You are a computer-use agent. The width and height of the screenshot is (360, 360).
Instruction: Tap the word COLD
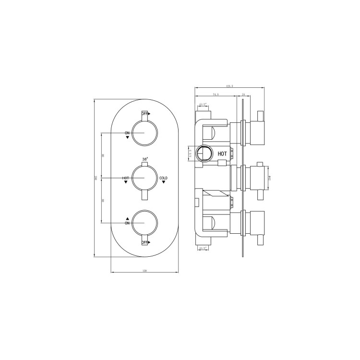pyautogui.click(x=163, y=179)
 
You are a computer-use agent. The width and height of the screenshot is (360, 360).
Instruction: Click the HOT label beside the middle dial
pyautogui.click(x=125, y=179)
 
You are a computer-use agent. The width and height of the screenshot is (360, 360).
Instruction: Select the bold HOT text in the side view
pyautogui.click(x=222, y=154)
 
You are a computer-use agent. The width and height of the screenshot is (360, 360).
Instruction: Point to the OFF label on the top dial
pyautogui.click(x=144, y=114)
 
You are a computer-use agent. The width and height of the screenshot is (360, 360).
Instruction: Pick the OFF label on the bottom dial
pyautogui.click(x=144, y=243)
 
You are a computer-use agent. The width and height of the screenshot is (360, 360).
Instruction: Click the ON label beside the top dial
pyautogui.click(x=127, y=132)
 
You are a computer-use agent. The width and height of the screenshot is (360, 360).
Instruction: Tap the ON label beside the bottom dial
pyautogui.click(x=127, y=223)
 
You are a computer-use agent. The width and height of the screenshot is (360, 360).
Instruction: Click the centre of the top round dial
pyautogui.click(x=144, y=132)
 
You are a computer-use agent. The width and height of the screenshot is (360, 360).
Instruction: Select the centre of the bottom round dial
pyautogui.click(x=144, y=223)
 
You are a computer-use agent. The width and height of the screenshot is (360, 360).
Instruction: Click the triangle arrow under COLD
pyautogui.click(x=163, y=183)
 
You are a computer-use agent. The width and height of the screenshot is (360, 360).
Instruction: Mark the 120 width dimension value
pyautogui.click(x=144, y=271)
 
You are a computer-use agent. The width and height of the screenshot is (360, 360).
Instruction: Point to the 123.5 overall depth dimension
pyautogui.click(x=229, y=86)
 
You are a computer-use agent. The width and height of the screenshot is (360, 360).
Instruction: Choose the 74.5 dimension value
pyautogui.click(x=215, y=95)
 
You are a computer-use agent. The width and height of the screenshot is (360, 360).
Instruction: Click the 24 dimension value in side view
pyautogui.click(x=244, y=95)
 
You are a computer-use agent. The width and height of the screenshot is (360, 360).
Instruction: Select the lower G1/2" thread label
pyautogui.click(x=202, y=248)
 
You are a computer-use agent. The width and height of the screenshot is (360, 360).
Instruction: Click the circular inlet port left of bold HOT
pyautogui.click(x=205, y=154)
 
